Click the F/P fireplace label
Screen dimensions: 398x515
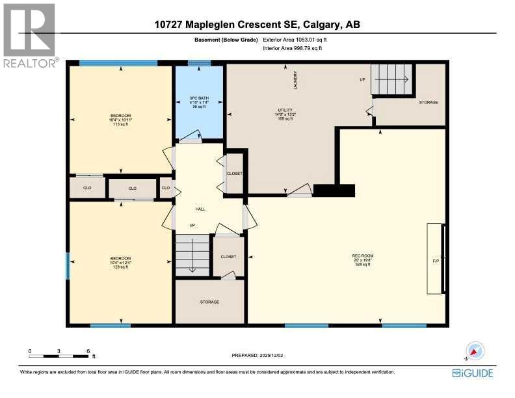point(436,260)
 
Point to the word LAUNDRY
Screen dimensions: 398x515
point(295,79)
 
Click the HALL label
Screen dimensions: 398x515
point(200,209)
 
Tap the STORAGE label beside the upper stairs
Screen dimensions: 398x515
point(428,102)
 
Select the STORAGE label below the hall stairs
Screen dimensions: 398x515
point(209,302)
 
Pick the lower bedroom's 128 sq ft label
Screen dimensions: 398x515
point(120,267)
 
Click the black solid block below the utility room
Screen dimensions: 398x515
point(334,190)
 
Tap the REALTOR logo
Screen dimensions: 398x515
point(30,36)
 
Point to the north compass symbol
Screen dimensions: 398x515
point(475,351)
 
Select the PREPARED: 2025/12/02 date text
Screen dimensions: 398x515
point(257,355)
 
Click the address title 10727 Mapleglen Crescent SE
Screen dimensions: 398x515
point(257,25)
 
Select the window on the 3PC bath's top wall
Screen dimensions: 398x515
point(199,63)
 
